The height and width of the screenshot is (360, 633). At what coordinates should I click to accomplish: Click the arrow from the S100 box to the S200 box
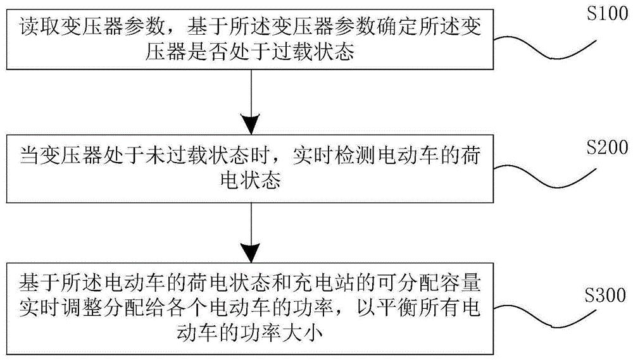251,101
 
